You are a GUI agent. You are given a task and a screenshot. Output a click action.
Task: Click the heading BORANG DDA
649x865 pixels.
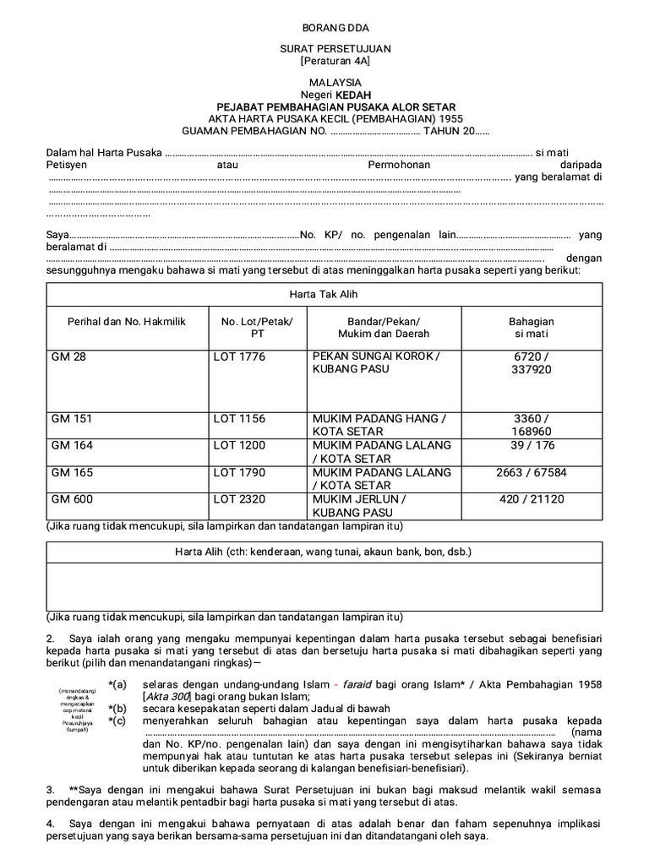(x=324, y=28)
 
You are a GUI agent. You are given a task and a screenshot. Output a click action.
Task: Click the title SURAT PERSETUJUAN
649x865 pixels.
(x=324, y=50)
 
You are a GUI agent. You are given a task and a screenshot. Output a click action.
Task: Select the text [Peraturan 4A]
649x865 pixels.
(x=324, y=62)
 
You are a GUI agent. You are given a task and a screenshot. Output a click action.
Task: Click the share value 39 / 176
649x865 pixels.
(x=531, y=445)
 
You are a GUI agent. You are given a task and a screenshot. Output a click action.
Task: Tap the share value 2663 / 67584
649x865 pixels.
(x=531, y=472)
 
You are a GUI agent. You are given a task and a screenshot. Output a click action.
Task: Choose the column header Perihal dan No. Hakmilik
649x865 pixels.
(x=127, y=322)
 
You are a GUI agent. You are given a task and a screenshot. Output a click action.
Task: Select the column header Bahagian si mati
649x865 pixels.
(x=531, y=328)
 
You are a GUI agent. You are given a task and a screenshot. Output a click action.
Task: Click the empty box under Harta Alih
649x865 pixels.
(x=324, y=586)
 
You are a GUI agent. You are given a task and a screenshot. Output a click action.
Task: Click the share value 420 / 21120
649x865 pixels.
(x=531, y=499)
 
